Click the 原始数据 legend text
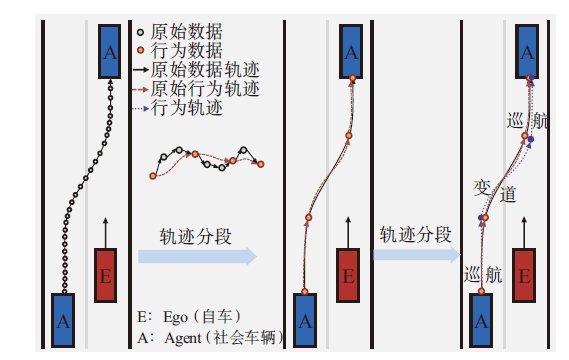coord(187,32)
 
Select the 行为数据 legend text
coord(187,50)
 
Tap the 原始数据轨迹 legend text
coord(205,70)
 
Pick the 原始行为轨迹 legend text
coord(205,89)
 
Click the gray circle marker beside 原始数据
coord(140,32)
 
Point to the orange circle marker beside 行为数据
coord(140,50)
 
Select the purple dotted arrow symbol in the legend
coord(141,108)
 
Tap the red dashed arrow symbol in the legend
coord(141,89)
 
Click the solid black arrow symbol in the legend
coord(141,70)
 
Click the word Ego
coord(175,318)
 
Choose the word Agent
coord(183,339)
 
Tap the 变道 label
coord(495,191)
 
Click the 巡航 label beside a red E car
coord(483,274)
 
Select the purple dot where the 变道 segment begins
coord(481,218)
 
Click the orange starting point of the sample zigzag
coord(153,176)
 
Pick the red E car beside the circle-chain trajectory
coord(105,275)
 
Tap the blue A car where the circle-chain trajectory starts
coord(63,320)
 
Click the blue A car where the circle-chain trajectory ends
coord(110,52)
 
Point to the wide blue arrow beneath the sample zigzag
coord(197,257)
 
